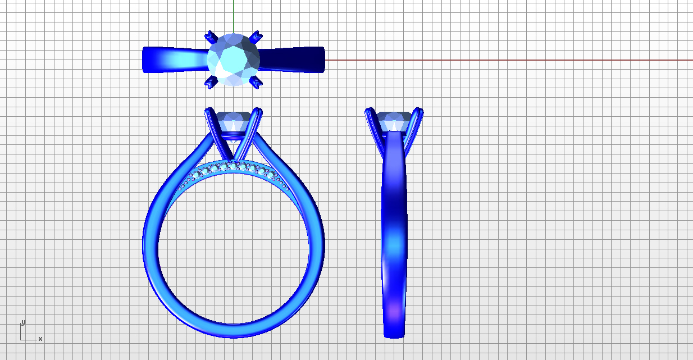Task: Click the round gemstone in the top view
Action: (233, 60)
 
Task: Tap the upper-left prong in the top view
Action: (211, 38)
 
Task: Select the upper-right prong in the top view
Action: (256, 37)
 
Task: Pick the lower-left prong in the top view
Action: (211, 82)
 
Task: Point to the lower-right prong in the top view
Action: (256, 82)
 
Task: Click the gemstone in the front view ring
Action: (233, 122)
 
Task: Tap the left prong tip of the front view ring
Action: (209, 110)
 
